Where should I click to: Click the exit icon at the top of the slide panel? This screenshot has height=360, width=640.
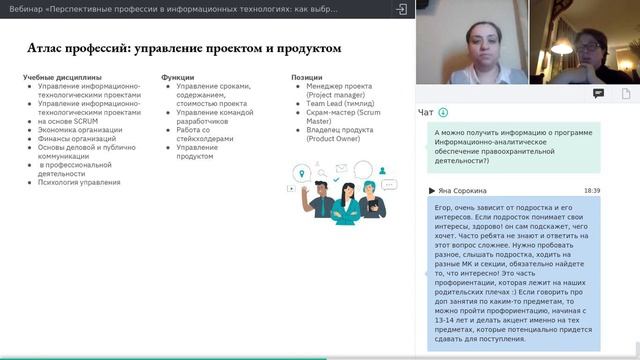tap(401, 8)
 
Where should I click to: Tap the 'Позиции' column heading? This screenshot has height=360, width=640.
tap(307, 77)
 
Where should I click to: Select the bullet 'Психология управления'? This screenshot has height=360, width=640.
tap(79, 182)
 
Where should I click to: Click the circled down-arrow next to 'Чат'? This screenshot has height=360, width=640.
tap(443, 113)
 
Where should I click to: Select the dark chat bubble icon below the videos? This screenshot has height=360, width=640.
tap(598, 93)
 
